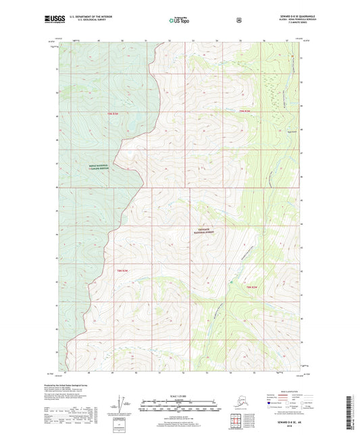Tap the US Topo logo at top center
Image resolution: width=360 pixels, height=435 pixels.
point(179,20)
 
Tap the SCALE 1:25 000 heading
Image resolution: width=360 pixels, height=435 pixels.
point(179,396)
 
